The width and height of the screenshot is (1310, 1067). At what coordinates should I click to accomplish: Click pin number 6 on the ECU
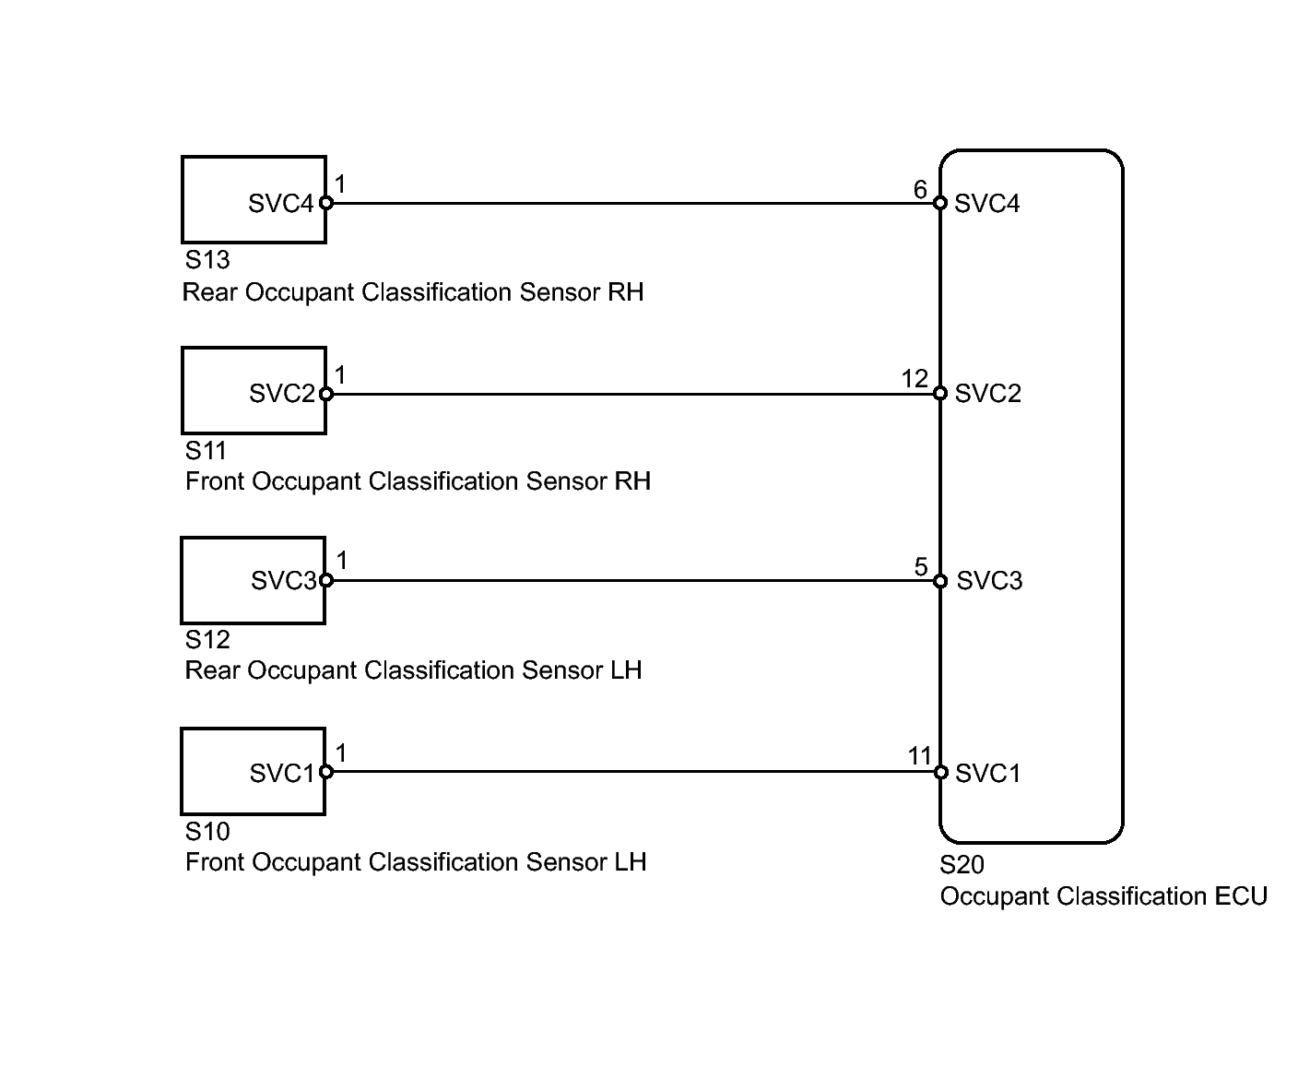click(x=920, y=189)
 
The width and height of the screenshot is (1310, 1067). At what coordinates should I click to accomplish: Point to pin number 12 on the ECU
click(x=915, y=378)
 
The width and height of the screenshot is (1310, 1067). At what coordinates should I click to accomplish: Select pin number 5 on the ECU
click(x=921, y=567)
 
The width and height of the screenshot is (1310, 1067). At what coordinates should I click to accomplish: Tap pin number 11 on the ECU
click(x=919, y=755)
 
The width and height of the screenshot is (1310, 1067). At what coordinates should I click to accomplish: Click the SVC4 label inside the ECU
click(x=986, y=204)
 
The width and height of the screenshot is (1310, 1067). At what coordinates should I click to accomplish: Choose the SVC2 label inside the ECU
click(x=987, y=394)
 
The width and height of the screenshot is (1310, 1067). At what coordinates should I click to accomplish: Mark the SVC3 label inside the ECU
click(x=989, y=581)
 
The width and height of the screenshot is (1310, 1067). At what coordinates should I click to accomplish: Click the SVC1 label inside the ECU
click(x=987, y=774)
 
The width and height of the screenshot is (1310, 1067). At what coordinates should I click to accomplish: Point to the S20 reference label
click(x=962, y=865)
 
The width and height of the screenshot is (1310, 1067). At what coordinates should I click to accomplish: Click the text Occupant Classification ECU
click(x=1103, y=896)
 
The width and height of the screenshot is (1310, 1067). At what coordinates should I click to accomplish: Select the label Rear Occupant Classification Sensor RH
click(x=413, y=292)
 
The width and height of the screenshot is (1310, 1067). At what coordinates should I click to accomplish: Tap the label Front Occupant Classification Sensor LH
click(x=416, y=862)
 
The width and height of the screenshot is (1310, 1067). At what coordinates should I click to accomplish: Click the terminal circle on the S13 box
click(x=326, y=203)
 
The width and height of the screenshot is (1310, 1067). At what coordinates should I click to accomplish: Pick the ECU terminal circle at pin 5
click(x=940, y=581)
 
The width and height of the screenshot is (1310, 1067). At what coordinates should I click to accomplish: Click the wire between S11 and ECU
click(x=633, y=394)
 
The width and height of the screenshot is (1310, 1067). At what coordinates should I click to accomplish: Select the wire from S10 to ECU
click(x=633, y=772)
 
